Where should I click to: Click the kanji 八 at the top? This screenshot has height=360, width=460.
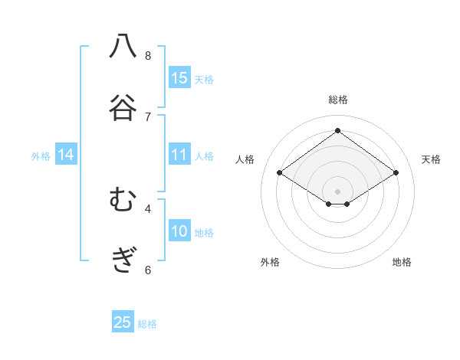(123, 47)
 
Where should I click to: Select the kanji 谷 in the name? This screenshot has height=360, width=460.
(123, 107)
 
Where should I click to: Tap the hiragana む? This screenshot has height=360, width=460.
(123, 201)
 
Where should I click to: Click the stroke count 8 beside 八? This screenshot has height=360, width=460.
(148, 55)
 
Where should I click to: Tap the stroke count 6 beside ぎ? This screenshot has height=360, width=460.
(148, 270)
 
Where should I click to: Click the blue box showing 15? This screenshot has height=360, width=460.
(179, 77)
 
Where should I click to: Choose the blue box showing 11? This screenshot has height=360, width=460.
(179, 155)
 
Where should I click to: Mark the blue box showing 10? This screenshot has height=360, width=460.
(179, 231)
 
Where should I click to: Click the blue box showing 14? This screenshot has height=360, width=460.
(66, 155)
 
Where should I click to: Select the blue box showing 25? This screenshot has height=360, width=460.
(123, 322)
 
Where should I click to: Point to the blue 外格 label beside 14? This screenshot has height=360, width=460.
(41, 156)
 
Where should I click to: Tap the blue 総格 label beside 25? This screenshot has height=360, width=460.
(147, 324)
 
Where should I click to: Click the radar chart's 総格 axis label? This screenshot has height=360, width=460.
(338, 100)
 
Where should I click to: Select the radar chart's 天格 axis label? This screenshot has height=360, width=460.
(431, 159)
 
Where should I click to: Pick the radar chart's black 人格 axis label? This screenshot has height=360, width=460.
(245, 159)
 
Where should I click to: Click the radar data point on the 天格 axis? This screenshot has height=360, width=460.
(396, 173)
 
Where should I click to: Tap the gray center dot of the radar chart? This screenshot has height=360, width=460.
(338, 191)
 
